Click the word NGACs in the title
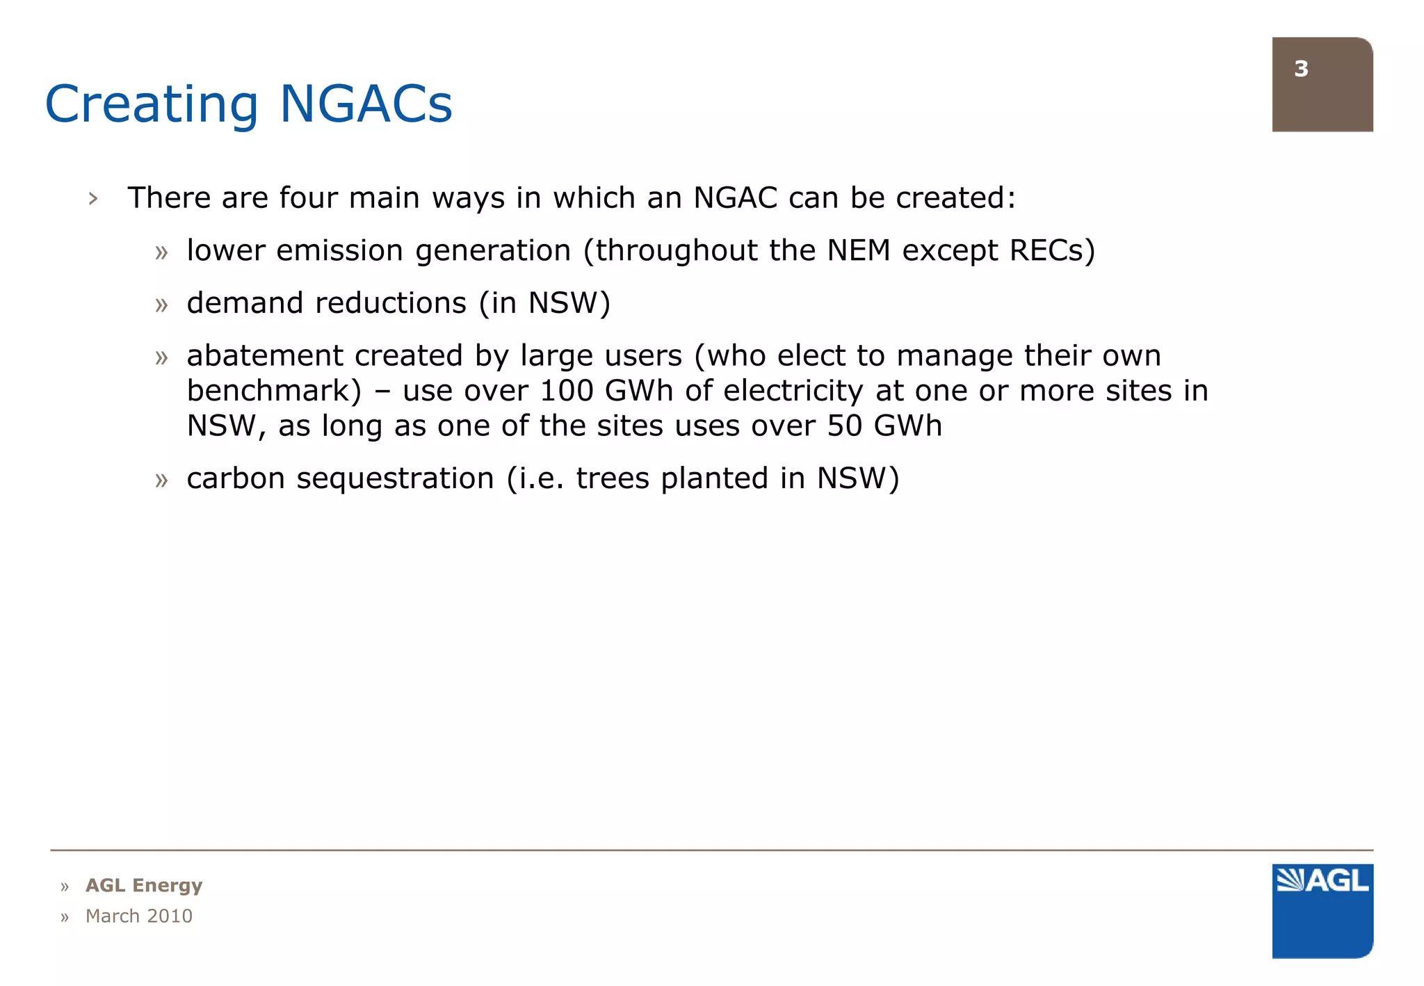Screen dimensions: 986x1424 click(x=366, y=104)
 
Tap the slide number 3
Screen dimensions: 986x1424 click(x=1301, y=69)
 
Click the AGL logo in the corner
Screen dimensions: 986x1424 click(x=1322, y=910)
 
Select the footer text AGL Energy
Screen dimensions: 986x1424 click(x=144, y=885)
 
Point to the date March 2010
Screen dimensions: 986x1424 click(x=138, y=916)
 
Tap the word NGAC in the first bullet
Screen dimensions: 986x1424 click(x=735, y=197)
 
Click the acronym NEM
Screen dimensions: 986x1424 click(x=858, y=250)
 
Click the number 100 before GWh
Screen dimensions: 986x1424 click(x=566, y=391)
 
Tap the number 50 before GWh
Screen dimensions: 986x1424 click(x=844, y=426)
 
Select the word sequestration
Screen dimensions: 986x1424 click(x=395, y=478)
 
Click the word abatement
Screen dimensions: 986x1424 click(x=265, y=356)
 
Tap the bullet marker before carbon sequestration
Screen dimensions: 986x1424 click(x=161, y=480)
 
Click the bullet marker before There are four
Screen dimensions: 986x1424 click(x=93, y=199)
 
